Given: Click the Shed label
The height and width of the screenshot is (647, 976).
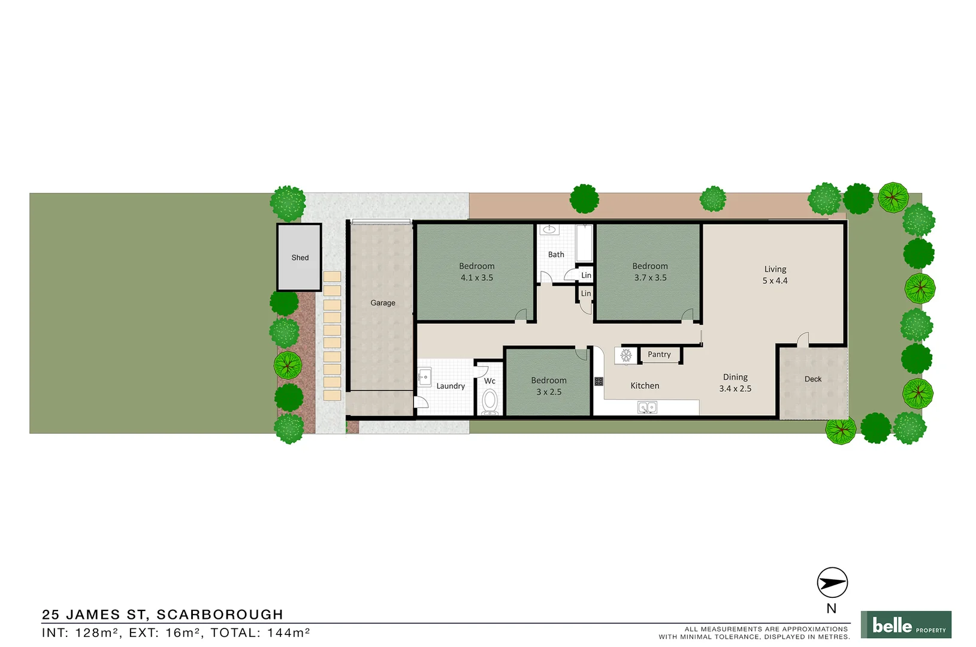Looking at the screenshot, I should (300, 258).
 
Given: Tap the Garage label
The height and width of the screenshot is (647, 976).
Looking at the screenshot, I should (383, 303).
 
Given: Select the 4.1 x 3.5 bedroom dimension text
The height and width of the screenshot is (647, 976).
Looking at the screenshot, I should (477, 278).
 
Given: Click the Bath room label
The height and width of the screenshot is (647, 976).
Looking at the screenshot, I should (556, 255).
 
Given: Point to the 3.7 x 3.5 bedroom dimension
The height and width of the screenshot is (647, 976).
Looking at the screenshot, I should (650, 278).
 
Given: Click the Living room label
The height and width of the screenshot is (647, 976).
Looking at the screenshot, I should (775, 270).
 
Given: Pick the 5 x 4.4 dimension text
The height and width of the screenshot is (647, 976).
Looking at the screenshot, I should (775, 281).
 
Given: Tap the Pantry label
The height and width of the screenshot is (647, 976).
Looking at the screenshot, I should (659, 355).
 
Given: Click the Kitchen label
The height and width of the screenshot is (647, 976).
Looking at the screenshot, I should (645, 386).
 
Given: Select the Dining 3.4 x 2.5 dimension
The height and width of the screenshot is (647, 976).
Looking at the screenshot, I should (735, 389).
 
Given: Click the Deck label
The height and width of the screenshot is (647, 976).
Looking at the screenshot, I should (813, 379).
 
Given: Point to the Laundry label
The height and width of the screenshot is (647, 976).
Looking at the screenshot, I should (451, 386).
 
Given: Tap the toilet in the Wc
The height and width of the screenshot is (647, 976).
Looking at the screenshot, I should (490, 401).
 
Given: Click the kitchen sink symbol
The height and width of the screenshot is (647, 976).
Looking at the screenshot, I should (647, 407).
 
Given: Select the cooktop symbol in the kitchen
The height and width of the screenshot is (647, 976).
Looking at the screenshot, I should (599, 382).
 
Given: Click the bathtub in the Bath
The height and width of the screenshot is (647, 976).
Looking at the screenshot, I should (584, 243).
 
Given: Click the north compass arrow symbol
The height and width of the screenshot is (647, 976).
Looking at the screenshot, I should (832, 582).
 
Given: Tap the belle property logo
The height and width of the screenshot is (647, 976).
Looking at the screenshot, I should (906, 625).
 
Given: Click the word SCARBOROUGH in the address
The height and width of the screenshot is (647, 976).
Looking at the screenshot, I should (220, 615).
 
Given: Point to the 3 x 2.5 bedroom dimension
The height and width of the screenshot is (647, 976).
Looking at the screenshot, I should (549, 392).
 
